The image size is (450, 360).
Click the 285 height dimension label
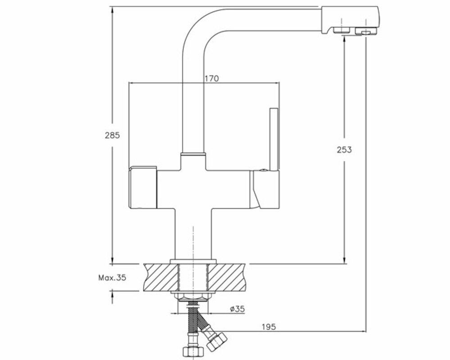click(x=112, y=135)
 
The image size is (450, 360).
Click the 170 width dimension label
click(x=212, y=78)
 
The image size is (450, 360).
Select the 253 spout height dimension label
click(x=344, y=149)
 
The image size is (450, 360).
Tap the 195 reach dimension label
click(x=268, y=327)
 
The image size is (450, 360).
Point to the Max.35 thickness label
click(x=112, y=278)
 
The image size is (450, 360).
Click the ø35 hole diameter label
click(x=237, y=309)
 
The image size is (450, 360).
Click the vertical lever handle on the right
click(x=274, y=139)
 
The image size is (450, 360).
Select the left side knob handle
click(x=143, y=188)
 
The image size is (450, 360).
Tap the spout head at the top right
click(x=350, y=20)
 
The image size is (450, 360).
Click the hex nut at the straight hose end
click(x=193, y=351)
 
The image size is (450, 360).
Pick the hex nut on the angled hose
click(x=217, y=341)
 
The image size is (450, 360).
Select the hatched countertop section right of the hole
click(x=227, y=277)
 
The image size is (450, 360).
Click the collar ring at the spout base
click(x=193, y=155)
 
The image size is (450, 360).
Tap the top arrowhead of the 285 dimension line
click(x=112, y=9)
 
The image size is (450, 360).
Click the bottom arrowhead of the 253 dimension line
click(x=345, y=260)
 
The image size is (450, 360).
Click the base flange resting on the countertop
click(x=193, y=261)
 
